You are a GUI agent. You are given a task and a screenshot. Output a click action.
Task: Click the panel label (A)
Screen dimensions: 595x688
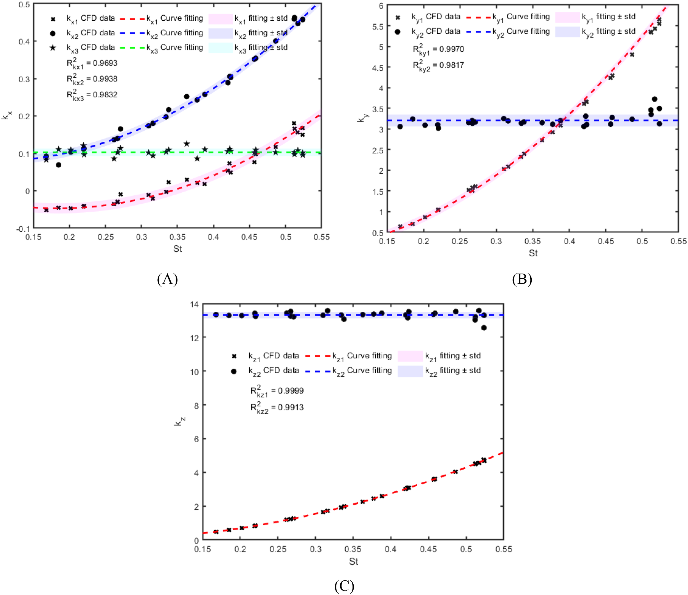point(167,279)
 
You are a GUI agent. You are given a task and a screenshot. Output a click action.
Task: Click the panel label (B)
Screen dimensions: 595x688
point(522,279)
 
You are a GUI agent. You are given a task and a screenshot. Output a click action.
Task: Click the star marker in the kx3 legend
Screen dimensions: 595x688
point(53,48)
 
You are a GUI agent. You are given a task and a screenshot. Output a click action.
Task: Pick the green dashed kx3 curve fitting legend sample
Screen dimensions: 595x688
point(132,48)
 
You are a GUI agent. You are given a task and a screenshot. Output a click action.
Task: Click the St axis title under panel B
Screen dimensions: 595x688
point(533,253)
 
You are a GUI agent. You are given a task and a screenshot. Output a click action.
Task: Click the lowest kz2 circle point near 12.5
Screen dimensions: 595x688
point(484,328)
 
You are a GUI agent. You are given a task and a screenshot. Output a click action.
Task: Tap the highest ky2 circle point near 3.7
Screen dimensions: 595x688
point(654,99)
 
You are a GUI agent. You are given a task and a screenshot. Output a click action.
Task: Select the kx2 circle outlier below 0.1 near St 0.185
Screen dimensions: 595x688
point(58,165)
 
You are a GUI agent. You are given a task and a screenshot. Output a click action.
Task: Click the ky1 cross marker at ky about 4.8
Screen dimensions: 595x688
point(632,54)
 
